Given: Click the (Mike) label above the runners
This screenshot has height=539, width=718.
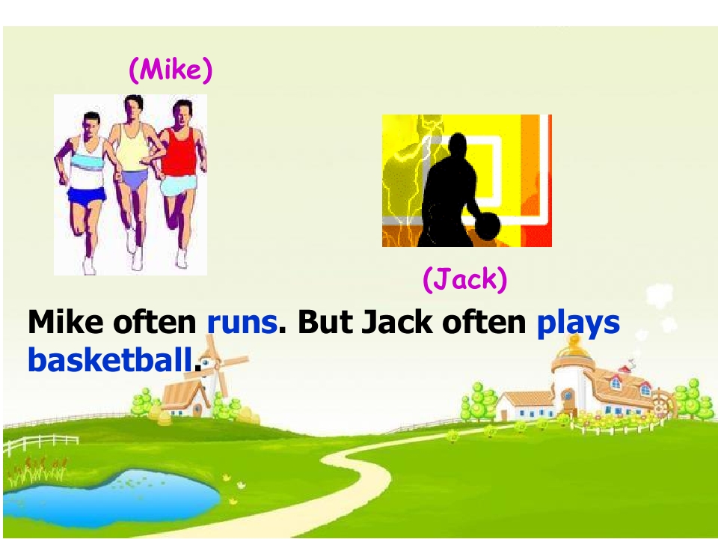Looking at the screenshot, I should point(171,70).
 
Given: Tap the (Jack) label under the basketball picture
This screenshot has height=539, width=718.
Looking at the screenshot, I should point(465,280).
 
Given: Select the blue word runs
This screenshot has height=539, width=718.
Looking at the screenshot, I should point(242,322).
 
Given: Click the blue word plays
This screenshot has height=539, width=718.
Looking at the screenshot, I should point(578,322).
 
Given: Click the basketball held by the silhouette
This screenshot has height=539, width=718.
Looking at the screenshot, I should point(487,225).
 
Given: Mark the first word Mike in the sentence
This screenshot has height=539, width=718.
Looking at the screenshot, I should point(66,322).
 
